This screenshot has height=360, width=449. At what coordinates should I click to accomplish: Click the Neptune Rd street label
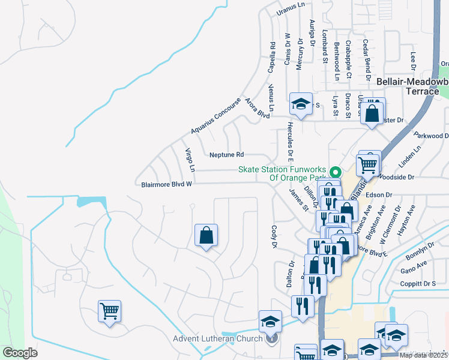[x=227, y=155]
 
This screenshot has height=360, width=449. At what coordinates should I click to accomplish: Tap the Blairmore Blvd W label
[x=166, y=185]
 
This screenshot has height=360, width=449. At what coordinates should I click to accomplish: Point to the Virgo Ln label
[x=188, y=160]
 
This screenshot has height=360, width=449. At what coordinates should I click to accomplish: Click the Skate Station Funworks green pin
[x=337, y=170]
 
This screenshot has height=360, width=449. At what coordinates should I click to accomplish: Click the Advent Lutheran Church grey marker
[x=273, y=338]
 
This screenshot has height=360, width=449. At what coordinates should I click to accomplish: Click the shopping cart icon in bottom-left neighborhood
[x=109, y=311]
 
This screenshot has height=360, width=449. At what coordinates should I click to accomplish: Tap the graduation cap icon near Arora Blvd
[x=301, y=103]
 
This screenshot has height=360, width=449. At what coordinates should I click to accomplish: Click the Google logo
[x=20, y=353]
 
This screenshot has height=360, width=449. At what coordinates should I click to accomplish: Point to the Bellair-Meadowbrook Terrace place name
[x=412, y=86]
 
